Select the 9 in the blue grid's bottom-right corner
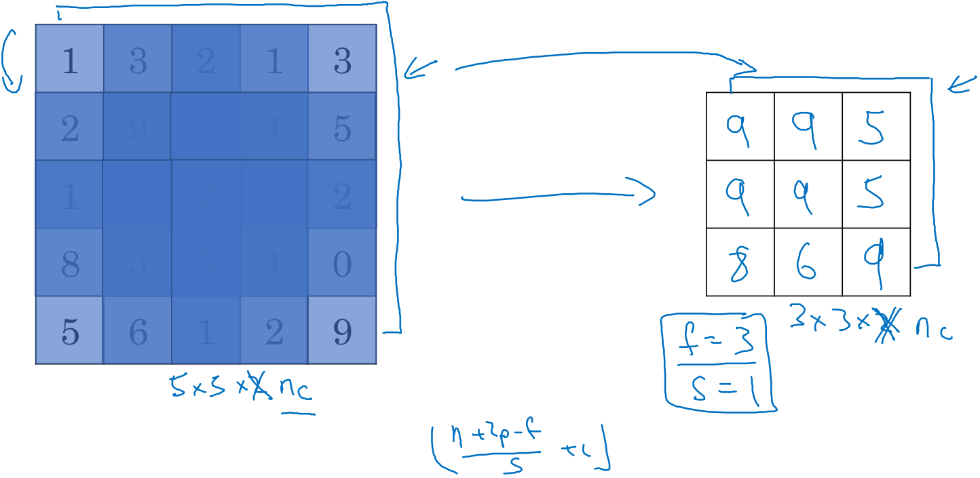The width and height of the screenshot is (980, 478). tap(342, 332)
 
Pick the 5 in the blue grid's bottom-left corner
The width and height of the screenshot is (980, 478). tap(69, 332)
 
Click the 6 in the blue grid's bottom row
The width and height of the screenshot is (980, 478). tap(137, 332)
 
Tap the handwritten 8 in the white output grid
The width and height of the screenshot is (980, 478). tap(739, 264)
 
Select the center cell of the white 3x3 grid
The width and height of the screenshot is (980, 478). tap(808, 195)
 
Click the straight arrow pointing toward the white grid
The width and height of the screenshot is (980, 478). tap(557, 197)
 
